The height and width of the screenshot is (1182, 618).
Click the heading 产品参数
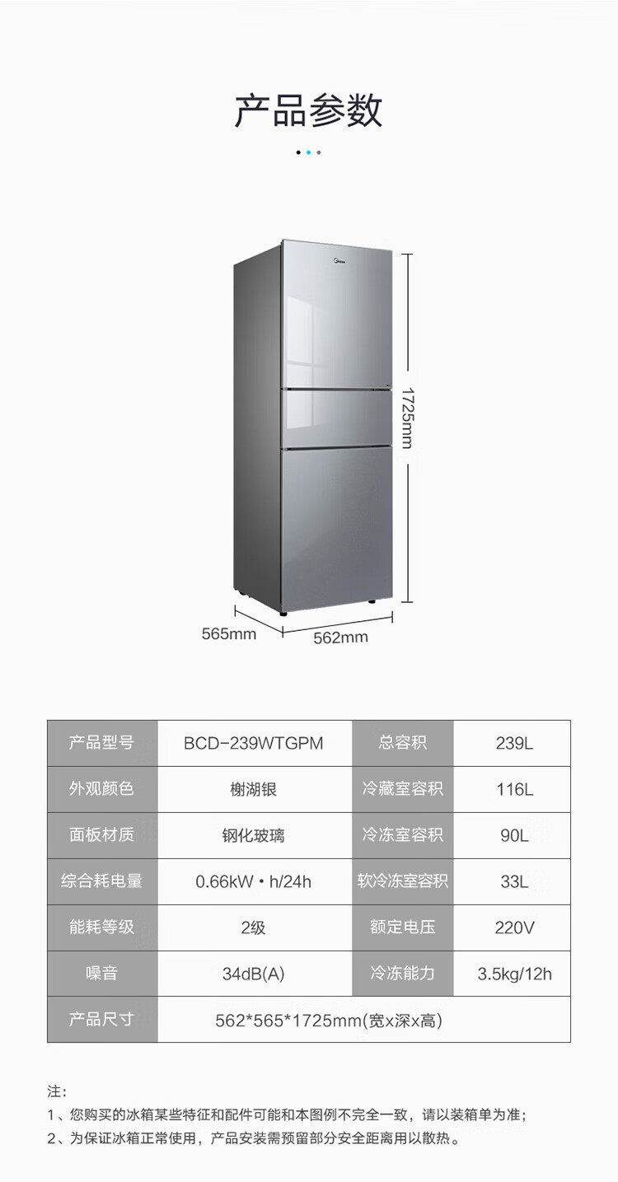[x=308, y=110]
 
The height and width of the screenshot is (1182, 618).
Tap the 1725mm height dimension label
[x=406, y=418]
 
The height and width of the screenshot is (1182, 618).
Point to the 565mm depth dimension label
[x=229, y=633]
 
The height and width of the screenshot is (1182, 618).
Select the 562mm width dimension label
[x=340, y=638]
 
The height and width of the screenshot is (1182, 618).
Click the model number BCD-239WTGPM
[x=254, y=743]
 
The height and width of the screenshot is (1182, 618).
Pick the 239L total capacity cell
[x=514, y=743]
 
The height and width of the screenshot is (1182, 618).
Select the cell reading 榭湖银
[x=254, y=789]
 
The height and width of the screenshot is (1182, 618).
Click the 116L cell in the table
[x=514, y=789]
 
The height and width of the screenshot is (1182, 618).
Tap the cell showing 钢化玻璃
[x=254, y=835]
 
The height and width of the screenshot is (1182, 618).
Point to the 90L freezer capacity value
[x=514, y=835]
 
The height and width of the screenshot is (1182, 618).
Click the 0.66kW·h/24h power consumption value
[x=254, y=881]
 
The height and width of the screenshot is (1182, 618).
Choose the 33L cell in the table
[x=514, y=881]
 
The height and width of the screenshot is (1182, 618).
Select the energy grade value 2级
[x=254, y=927]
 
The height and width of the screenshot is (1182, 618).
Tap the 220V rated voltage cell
[x=514, y=927]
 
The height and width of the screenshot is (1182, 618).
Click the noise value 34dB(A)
[x=254, y=974]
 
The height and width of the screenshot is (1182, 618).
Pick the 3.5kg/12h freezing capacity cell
[x=514, y=974]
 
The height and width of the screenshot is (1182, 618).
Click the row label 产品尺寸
[x=101, y=1019]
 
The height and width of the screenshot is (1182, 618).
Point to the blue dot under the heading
[x=308, y=152]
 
